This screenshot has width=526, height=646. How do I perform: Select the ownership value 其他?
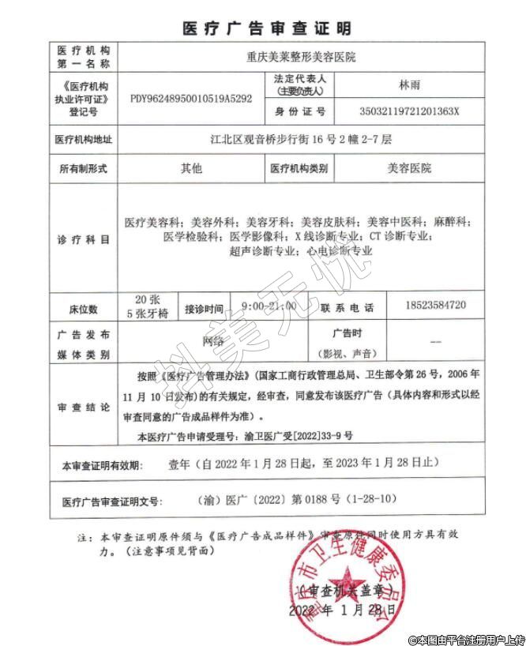tap(191, 167)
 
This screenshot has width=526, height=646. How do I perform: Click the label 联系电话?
tap(348, 306)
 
